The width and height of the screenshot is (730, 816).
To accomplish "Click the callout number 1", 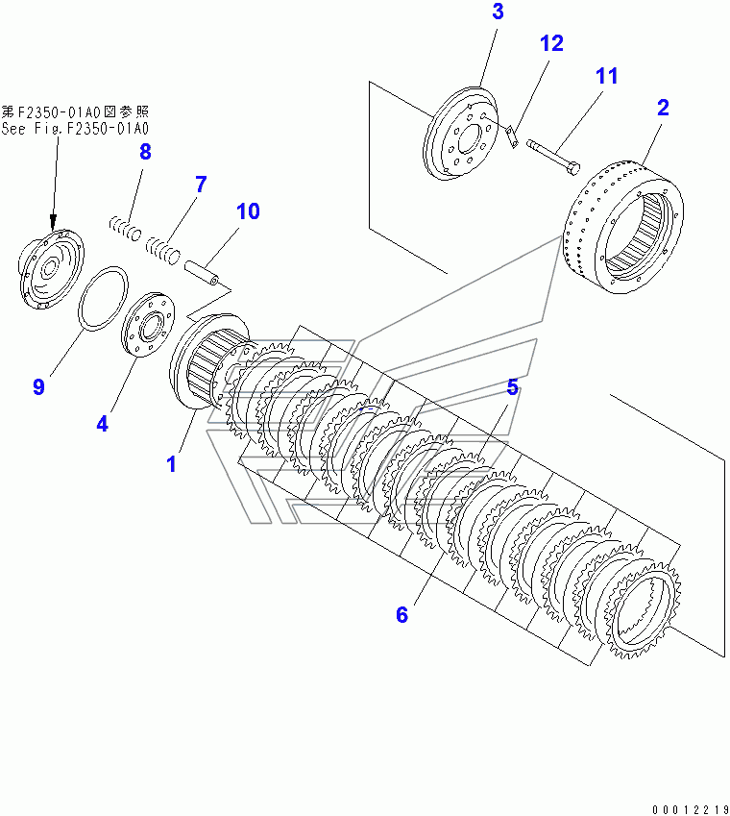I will click(x=171, y=463).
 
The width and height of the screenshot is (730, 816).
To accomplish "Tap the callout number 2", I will click(x=663, y=108).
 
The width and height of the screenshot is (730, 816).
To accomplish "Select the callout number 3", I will click(x=498, y=12).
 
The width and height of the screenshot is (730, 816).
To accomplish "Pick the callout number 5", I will click(x=513, y=387).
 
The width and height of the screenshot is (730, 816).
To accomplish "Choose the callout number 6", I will click(x=401, y=614).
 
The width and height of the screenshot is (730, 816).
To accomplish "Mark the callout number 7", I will click(x=201, y=185).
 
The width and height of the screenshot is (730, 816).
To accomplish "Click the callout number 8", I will click(x=145, y=151).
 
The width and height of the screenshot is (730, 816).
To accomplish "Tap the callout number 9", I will click(x=38, y=387).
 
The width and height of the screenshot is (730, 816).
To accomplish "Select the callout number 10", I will click(x=248, y=211).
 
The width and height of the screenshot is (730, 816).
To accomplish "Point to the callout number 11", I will click(x=606, y=76).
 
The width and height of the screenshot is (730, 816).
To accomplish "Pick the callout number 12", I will click(x=551, y=43).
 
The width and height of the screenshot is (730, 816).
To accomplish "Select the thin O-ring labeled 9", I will click(x=102, y=300).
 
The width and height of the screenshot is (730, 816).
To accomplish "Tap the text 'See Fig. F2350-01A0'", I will click(x=76, y=128).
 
